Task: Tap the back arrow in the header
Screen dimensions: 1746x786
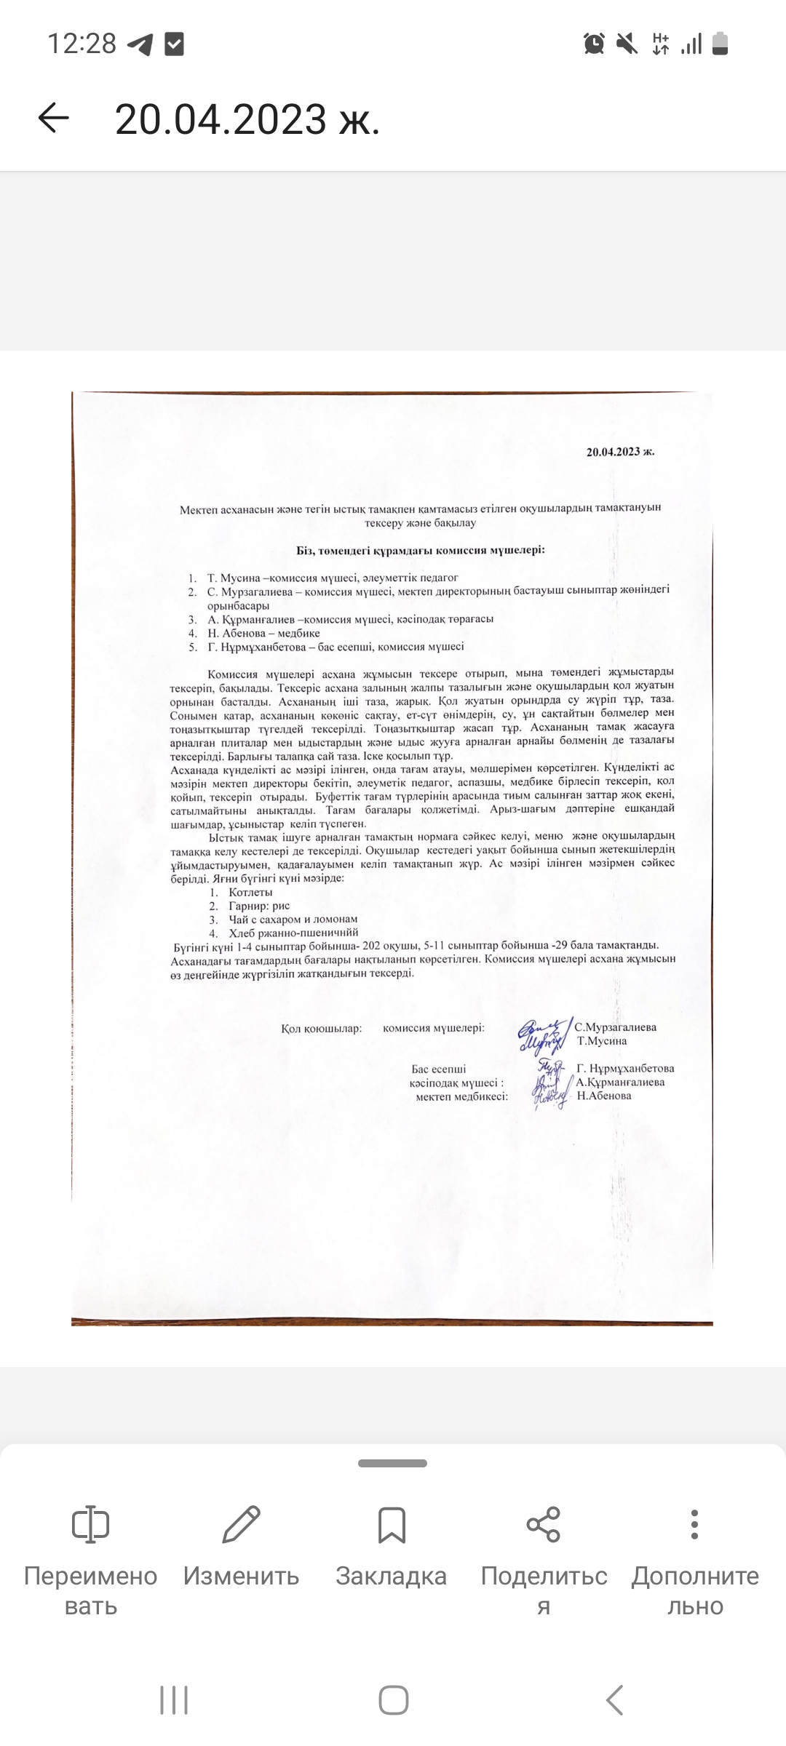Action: click(x=53, y=118)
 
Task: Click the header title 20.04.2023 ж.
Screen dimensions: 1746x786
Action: click(x=247, y=119)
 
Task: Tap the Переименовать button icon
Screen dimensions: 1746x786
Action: click(x=90, y=1525)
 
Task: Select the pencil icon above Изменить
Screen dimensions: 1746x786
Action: click(x=241, y=1524)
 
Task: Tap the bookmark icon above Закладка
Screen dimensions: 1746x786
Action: click(x=392, y=1525)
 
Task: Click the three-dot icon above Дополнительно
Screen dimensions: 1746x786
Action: click(x=694, y=1524)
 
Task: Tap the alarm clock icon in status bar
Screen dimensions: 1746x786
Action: click(x=594, y=44)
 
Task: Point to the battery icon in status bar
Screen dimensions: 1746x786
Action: click(x=720, y=44)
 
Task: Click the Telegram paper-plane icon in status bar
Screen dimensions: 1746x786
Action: click(x=140, y=44)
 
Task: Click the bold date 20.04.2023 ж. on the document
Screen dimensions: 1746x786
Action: click(x=620, y=451)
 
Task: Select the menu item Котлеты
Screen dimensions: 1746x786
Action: click(x=250, y=892)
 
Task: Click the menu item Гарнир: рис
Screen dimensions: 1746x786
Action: click(x=259, y=906)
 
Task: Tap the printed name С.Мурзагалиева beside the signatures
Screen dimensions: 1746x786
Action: click(x=615, y=1027)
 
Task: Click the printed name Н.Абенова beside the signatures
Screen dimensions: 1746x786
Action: click(x=604, y=1096)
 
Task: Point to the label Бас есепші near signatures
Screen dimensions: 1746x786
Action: click(x=438, y=1069)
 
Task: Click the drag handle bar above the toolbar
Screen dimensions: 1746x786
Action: click(x=392, y=1463)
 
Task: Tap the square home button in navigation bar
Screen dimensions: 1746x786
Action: click(x=393, y=1701)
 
